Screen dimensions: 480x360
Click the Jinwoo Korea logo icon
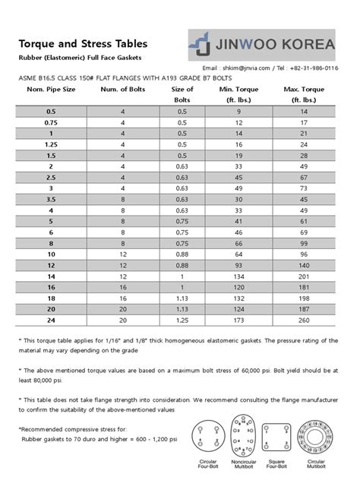point(200,44)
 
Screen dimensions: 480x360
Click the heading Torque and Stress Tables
point(83,44)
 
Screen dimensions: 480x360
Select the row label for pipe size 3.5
point(51,199)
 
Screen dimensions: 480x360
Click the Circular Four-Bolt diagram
point(210,434)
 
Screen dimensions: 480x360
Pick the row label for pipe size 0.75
point(51,122)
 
